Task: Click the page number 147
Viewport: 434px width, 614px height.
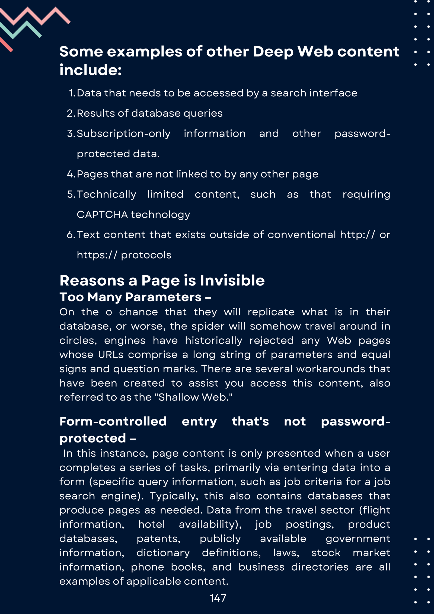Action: click(218, 598)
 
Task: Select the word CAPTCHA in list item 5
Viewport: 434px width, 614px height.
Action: click(102, 215)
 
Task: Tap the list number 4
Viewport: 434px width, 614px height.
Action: click(71, 174)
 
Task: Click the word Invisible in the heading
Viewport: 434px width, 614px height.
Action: click(232, 280)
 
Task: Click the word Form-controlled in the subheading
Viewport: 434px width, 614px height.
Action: click(113, 422)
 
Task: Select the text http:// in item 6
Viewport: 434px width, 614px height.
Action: click(358, 235)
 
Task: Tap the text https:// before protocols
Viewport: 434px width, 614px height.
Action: click(97, 255)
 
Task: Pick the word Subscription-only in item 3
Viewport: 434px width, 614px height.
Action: click(124, 134)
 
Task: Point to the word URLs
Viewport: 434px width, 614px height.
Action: click(111, 355)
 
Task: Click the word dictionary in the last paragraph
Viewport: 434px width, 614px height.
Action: click(163, 553)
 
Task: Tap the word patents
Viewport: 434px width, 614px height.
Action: click(158, 539)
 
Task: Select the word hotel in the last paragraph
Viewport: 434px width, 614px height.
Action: click(151, 524)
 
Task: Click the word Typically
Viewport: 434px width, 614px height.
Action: click(174, 496)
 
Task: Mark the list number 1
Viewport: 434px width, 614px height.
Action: click(72, 93)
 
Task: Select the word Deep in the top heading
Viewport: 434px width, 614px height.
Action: click(273, 52)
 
